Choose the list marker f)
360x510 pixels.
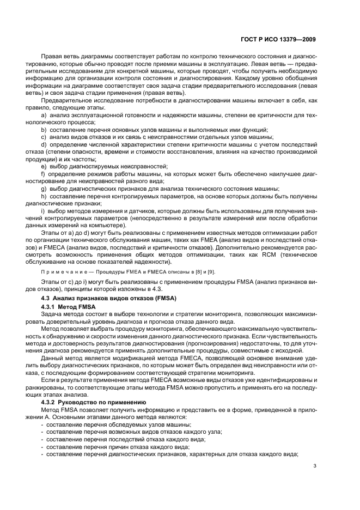44,173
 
